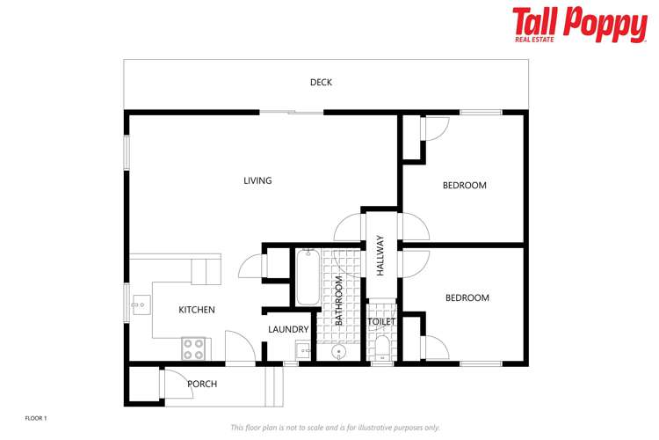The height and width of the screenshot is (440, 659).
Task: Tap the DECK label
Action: pos(321,83)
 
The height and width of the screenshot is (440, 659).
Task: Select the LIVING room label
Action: pos(257,180)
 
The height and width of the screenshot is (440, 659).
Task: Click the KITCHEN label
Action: pos(197,310)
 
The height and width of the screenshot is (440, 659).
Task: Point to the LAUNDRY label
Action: pos(288,330)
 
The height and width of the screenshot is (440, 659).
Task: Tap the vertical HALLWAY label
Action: pos(380,256)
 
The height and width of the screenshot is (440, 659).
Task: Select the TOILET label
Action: pos(381,322)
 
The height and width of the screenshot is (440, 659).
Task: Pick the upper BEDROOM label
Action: pos(464,186)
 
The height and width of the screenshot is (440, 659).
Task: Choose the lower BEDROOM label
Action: pos(467,298)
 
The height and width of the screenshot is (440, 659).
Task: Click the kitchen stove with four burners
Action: pos(193,349)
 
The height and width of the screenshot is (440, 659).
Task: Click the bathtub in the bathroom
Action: pos(307,278)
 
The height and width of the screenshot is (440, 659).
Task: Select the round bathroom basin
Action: pos(338,353)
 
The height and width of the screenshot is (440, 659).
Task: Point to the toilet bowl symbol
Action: pos(381,355)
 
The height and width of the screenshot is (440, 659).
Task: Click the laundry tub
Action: pos(303,351)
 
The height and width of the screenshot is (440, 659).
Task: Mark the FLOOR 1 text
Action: pos(35,418)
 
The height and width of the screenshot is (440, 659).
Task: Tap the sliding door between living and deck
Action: pos(292,112)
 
